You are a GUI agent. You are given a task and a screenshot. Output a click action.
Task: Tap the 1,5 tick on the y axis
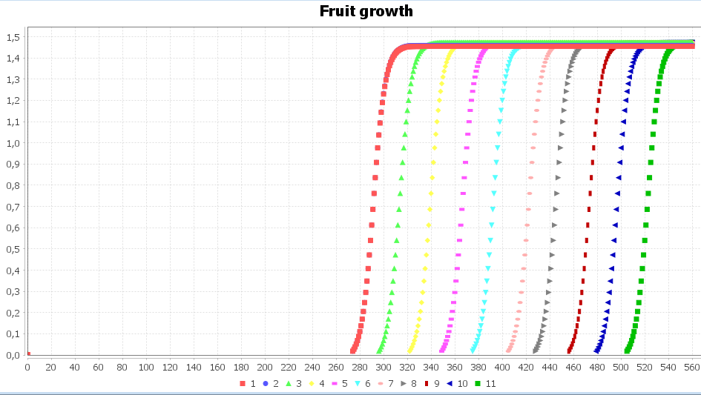pos(13,37)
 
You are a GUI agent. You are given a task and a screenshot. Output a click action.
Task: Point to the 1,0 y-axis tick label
pos(13,143)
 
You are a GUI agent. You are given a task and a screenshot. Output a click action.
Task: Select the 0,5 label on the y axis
pos(13,249)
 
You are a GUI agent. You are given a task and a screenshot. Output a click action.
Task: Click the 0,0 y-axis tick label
pos(13,355)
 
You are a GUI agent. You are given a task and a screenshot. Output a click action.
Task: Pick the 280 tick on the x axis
pos(360,367)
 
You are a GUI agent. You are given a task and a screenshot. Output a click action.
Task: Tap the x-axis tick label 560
pos(692,367)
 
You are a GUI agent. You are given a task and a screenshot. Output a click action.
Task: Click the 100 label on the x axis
pos(146,367)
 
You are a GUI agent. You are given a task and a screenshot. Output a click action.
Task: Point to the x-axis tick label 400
pos(502,367)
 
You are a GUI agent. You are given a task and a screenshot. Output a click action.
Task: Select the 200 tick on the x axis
pos(265,367)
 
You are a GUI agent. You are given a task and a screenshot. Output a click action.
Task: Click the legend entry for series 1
pos(248,384)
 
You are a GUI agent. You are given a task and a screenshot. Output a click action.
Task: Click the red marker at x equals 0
pos(28,353)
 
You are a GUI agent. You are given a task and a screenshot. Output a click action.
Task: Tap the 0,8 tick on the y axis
pos(13,185)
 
